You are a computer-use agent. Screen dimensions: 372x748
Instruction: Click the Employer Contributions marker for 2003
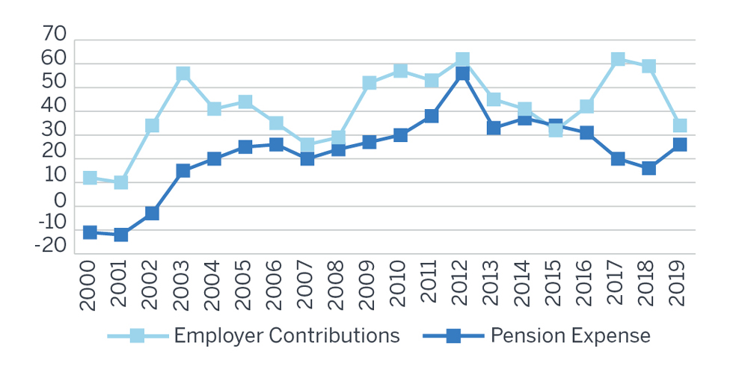(x=183, y=74)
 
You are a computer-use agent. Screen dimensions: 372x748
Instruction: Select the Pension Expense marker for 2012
(x=462, y=74)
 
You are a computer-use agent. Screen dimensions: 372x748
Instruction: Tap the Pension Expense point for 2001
(x=121, y=235)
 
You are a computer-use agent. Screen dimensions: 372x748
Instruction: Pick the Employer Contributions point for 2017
(x=618, y=60)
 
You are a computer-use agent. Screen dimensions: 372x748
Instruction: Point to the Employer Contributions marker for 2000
(x=90, y=178)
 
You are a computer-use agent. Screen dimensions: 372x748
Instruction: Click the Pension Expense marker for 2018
(x=649, y=168)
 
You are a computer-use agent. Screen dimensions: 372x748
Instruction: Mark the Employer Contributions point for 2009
(x=370, y=83)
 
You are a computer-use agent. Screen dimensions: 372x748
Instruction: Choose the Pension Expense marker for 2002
(x=152, y=214)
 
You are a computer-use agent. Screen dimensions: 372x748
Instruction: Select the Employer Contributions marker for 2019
(x=680, y=125)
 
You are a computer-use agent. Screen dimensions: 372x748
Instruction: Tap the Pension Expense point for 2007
(x=307, y=158)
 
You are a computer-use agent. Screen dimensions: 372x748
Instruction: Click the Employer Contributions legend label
(x=287, y=335)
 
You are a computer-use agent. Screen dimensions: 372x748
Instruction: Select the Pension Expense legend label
(x=570, y=335)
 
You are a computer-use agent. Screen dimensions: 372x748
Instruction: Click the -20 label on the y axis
(x=50, y=248)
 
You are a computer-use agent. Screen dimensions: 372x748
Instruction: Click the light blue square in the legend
(x=137, y=336)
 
